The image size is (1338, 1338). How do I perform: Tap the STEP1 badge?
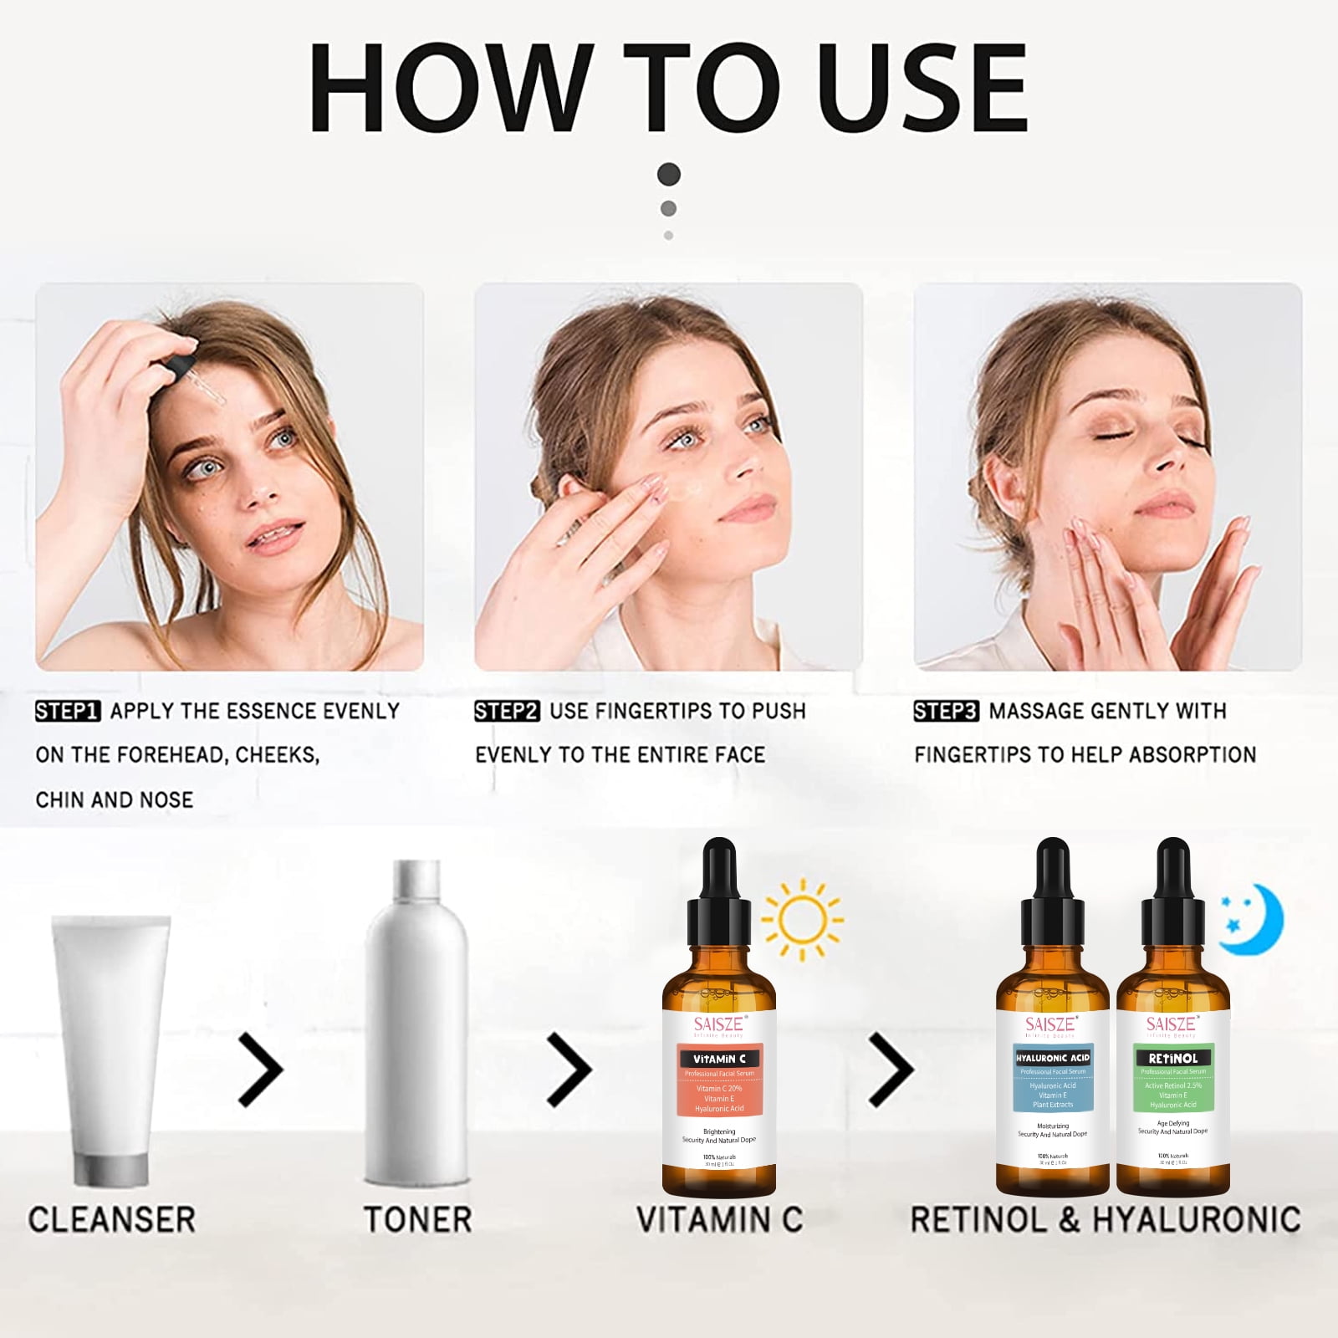point(67,712)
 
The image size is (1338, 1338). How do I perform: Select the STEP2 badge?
point(507,712)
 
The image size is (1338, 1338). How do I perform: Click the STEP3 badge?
point(946,712)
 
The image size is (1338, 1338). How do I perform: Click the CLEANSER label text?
point(111,1219)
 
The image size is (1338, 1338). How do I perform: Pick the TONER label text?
point(417,1219)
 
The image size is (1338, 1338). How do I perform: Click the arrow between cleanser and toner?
point(261,1069)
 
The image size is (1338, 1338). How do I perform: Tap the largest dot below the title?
point(669,174)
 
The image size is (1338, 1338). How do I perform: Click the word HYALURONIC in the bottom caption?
point(1197,1219)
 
